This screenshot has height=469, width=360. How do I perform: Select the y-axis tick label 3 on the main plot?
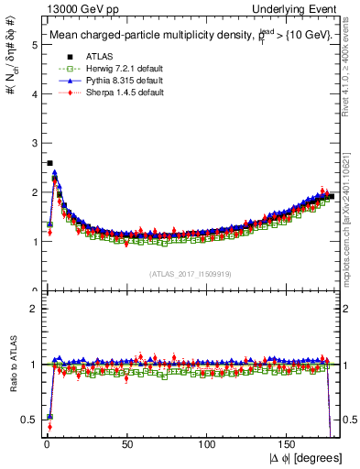coord(33,143)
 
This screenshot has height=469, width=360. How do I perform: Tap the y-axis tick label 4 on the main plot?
coord(33,93)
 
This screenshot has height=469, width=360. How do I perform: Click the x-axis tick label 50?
coord(127,444)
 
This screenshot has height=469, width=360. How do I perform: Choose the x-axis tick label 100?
coord(207,444)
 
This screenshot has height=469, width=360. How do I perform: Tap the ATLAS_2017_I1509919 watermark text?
coord(190,273)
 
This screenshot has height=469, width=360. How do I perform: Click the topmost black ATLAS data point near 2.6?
coord(49,163)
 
